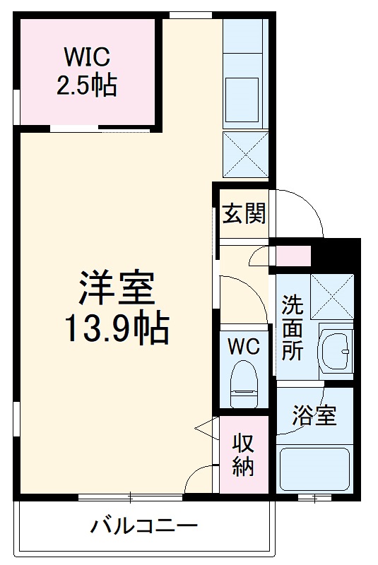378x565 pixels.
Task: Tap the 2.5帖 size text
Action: click(x=87, y=85)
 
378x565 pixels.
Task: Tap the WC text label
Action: click(x=244, y=346)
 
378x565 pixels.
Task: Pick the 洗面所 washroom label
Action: click(x=292, y=328)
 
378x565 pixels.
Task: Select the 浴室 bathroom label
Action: click(x=314, y=416)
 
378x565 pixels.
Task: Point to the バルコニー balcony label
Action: click(x=143, y=526)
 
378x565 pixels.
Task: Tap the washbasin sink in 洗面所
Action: click(x=337, y=347)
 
